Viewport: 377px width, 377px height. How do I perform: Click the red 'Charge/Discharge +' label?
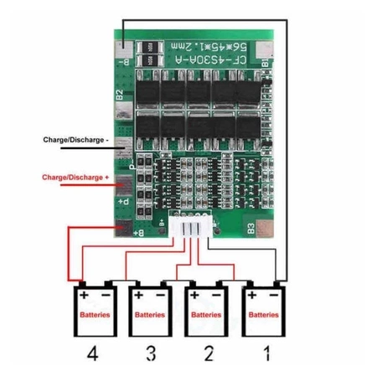pyautogui.click(x=75, y=178)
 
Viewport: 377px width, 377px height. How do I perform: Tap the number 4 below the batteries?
pyautogui.click(x=91, y=354)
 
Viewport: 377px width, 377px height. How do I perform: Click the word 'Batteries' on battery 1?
pyautogui.click(x=263, y=315)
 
